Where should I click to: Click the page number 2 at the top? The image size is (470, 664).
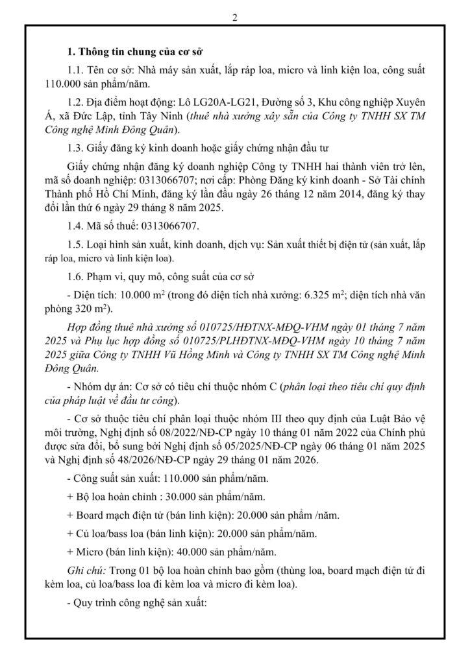[x=234, y=18]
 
